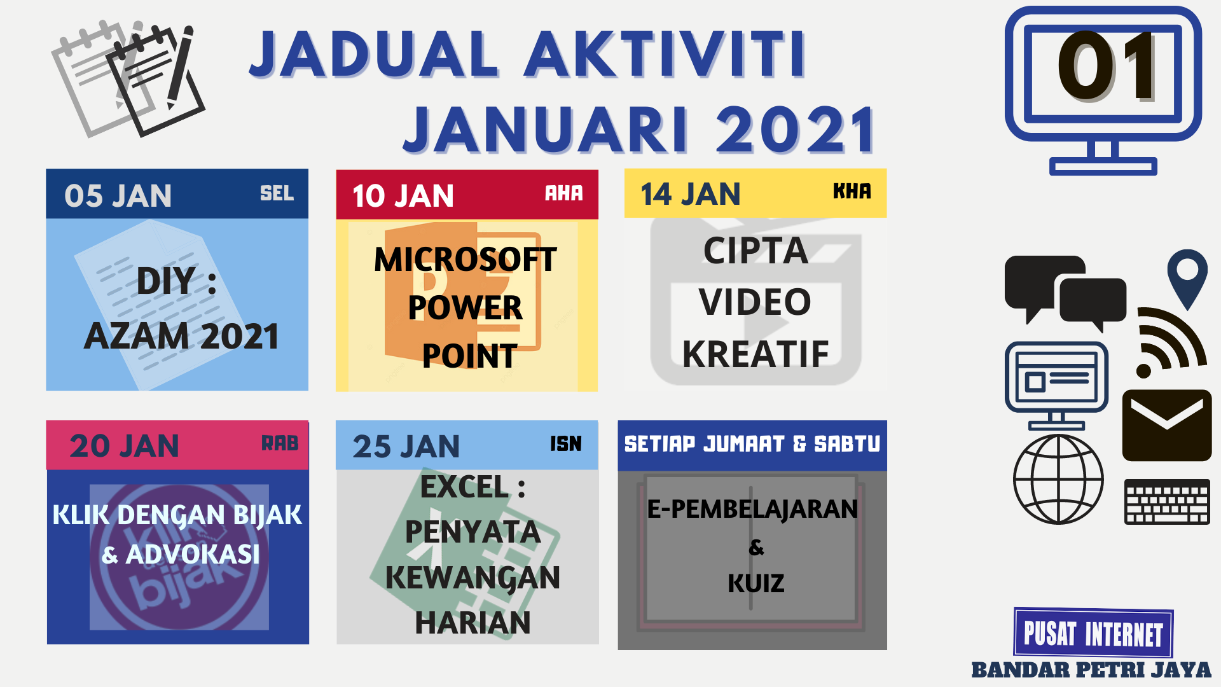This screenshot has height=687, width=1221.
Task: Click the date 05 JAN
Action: tap(118, 195)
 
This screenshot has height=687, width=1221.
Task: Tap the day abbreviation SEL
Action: tap(277, 193)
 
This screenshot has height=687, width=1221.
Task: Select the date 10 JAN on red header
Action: tap(403, 195)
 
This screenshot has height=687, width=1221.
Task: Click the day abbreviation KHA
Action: tap(852, 191)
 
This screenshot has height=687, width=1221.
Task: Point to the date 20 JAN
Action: tap(124, 445)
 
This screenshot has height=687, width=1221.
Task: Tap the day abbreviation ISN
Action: tap(565, 443)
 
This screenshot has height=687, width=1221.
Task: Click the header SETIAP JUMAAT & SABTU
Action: tap(752, 443)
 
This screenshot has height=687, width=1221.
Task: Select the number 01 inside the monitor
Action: tap(1105, 67)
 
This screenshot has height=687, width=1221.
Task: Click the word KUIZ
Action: tap(755, 583)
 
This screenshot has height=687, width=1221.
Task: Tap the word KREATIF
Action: tap(755, 354)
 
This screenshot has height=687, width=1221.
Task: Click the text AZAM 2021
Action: tap(181, 336)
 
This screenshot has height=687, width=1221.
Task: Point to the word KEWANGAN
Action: tap(473, 578)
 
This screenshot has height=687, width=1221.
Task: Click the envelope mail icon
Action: tap(1166, 425)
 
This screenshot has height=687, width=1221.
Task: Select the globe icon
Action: tap(1058, 480)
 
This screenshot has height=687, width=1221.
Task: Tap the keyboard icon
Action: tap(1166, 502)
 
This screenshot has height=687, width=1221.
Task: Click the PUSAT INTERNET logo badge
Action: tap(1093, 633)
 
